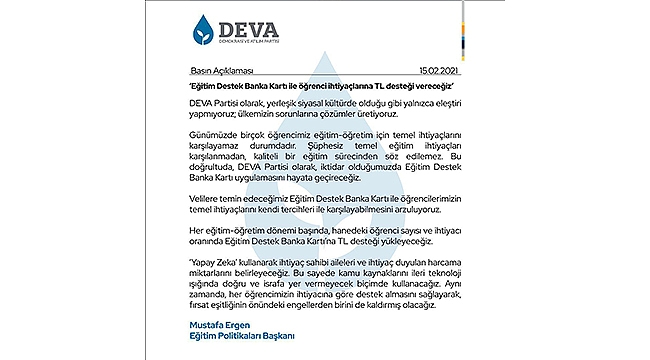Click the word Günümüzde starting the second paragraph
pyautogui.click(x=212, y=161)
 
